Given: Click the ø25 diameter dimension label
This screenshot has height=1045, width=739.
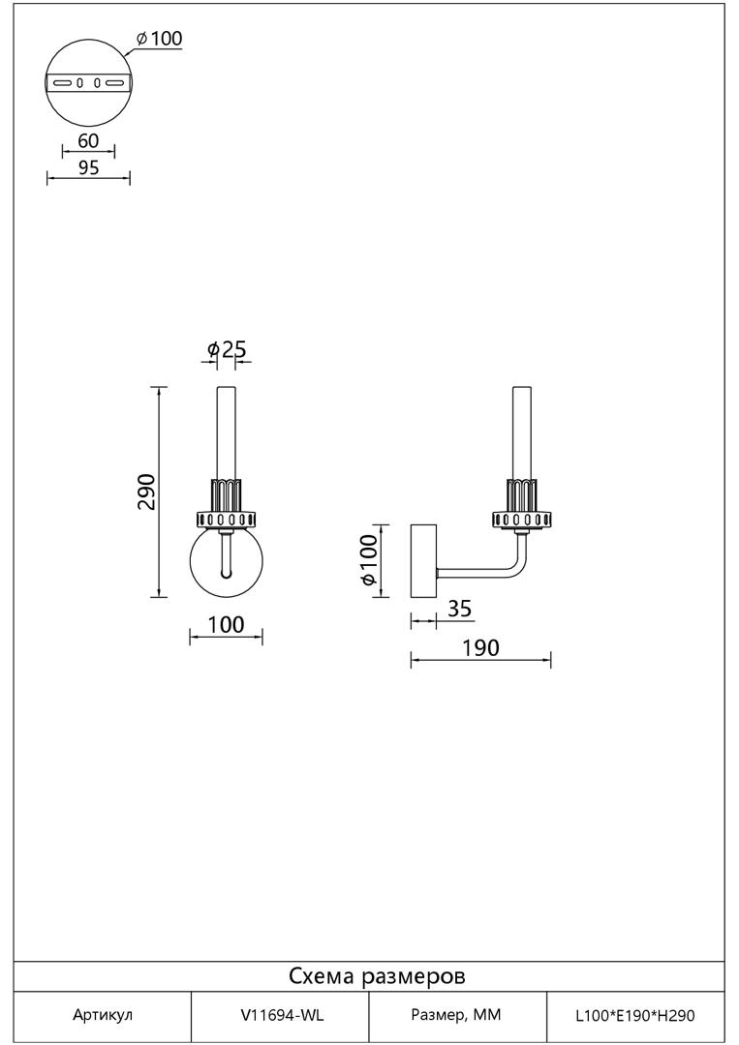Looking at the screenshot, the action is pos(227,348).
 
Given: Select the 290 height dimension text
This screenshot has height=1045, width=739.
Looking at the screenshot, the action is pos(146,492).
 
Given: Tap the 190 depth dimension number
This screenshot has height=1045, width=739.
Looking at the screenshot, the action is pos(480,647).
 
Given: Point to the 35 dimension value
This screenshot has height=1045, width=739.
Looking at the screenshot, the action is pos(459,609).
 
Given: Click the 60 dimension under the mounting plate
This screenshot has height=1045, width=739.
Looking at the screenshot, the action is pos(88,140).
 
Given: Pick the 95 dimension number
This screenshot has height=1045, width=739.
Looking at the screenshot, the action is pos(88,168).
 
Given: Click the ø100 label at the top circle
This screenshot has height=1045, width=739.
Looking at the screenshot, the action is pos(159,39).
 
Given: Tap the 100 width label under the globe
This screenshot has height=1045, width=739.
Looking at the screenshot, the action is pos(226,625).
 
